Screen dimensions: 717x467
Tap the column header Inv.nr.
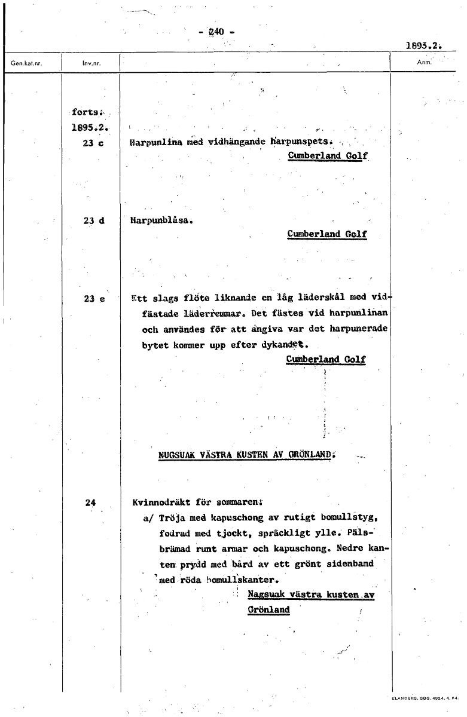point(91,62)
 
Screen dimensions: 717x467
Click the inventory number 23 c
point(94,143)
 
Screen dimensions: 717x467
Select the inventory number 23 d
point(94,220)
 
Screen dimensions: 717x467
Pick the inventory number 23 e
point(94,299)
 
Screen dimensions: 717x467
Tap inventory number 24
point(90,502)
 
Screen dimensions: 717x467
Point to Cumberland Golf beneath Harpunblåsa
point(326,234)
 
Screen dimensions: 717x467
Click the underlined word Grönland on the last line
point(268,609)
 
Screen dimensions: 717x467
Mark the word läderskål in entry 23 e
point(331,298)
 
